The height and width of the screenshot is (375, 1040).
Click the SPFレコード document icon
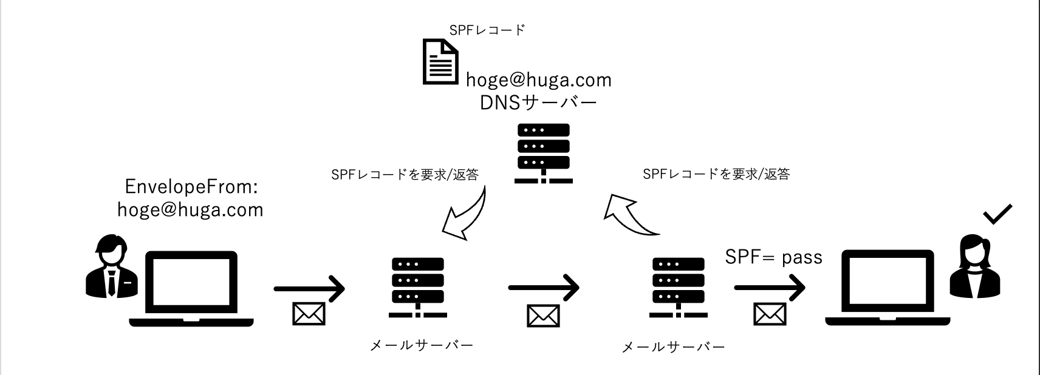click(x=440, y=62)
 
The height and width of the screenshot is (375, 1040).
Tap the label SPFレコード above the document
click(x=487, y=30)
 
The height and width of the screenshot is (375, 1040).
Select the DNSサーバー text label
click(x=538, y=103)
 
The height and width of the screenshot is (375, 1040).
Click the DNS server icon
click(x=543, y=154)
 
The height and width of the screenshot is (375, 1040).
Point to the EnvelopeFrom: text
click(x=191, y=187)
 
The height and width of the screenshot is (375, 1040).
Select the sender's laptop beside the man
click(x=191, y=289)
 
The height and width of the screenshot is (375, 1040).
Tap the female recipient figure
click(x=974, y=266)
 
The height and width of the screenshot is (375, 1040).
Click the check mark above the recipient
click(x=997, y=214)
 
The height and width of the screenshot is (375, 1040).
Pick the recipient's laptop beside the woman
click(x=888, y=289)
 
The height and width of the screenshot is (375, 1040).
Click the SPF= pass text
click(x=773, y=257)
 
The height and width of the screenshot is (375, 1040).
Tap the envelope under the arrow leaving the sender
click(x=309, y=314)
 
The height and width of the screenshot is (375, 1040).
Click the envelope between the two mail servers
click(x=543, y=315)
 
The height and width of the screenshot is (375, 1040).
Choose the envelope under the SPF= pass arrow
click(x=770, y=314)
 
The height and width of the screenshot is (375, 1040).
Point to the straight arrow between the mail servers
click(x=543, y=288)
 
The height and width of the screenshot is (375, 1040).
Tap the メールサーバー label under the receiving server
click(x=674, y=348)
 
